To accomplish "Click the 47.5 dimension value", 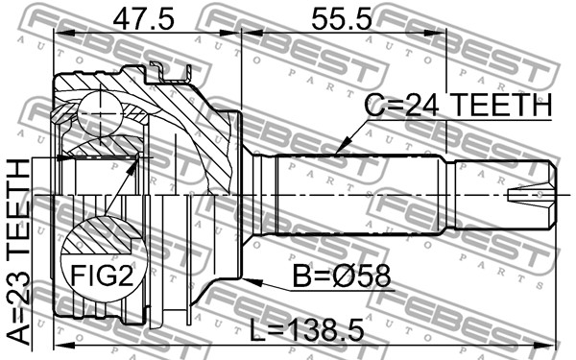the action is pyautogui.click(x=143, y=19).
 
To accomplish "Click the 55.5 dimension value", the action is pyautogui.click(x=342, y=19).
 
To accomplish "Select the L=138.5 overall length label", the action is pyautogui.click(x=307, y=329).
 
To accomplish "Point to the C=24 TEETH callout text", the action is pyautogui.click(x=458, y=105).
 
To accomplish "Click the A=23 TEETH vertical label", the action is pyautogui.click(x=19, y=252).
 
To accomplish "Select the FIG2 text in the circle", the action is pyautogui.click(x=102, y=276).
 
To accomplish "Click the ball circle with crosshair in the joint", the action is pyautogui.click(x=100, y=114).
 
